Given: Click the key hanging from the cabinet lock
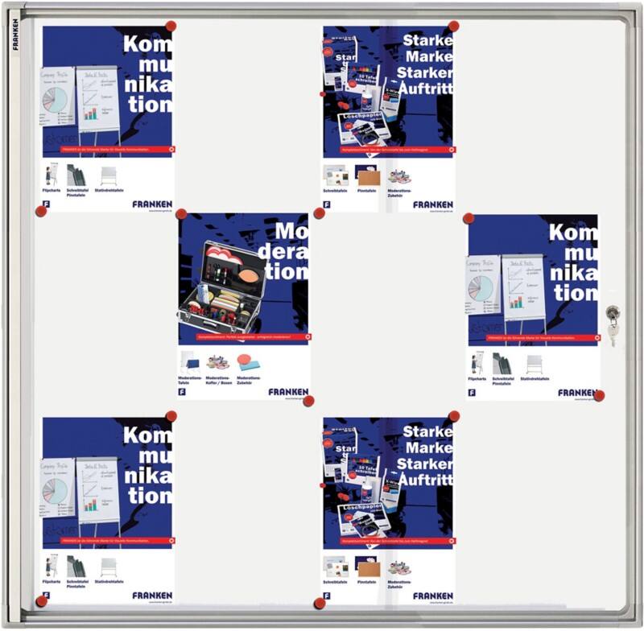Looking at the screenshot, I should point(613,331).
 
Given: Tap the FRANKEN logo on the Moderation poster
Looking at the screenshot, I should point(288,392).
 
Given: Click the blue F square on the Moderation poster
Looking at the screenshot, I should point(183,392).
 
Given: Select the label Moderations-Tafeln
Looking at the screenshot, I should point(190,380).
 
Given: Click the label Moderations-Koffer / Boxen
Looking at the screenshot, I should point(219,380).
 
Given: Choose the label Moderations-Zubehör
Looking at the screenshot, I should point(250,380).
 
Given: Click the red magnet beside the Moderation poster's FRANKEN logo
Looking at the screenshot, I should point(309,400).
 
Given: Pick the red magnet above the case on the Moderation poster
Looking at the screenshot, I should point(182,215).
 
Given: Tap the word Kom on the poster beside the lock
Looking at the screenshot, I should point(573,234).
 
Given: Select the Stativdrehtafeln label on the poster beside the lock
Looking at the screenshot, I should point(535,378).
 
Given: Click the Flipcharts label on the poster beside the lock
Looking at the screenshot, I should point(477,378).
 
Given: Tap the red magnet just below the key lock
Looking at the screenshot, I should point(598,395).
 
